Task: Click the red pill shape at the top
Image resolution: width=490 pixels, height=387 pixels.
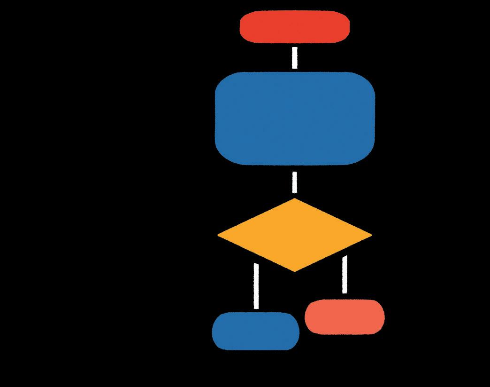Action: click(x=294, y=27)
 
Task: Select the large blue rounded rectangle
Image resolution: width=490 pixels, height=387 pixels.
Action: click(x=294, y=118)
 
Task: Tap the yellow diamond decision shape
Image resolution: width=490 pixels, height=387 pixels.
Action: click(x=294, y=235)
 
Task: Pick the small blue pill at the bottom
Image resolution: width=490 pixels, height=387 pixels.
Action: click(x=255, y=331)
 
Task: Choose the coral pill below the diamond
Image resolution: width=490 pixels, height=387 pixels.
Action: click(x=345, y=316)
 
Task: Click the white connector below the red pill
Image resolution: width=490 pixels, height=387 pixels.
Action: click(x=295, y=57)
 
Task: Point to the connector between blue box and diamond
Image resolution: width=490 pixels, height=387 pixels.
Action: click(x=295, y=182)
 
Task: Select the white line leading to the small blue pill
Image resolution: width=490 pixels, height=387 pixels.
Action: click(x=256, y=286)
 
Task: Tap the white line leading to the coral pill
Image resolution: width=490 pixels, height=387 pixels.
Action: click(x=345, y=275)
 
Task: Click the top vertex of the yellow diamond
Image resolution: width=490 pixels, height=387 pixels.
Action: click(x=294, y=200)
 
